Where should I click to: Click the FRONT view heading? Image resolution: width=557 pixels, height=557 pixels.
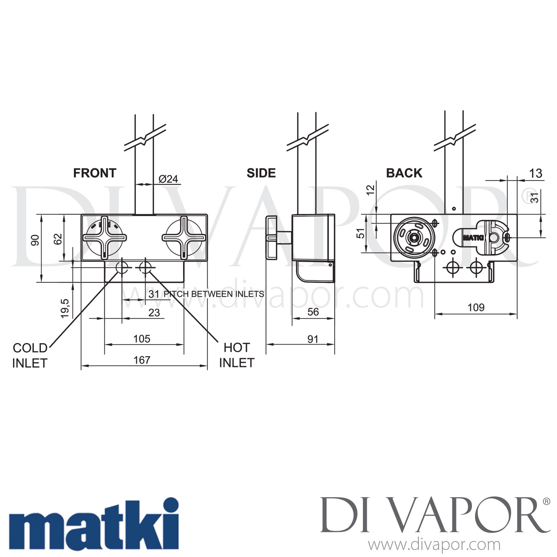coord(95,173)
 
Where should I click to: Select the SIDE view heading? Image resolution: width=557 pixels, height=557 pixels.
coord(261,173)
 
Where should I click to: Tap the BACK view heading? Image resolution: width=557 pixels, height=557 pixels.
coord(404,173)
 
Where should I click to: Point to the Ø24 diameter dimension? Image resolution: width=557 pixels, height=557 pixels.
coord(168,179)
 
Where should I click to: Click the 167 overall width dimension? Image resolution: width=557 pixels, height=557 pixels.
coord(142,360)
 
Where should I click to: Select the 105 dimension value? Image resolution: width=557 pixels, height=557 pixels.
coord(142,339)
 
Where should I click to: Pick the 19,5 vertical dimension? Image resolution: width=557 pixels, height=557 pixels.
coord(65,308)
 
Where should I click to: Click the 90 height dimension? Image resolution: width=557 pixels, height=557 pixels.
coord(35,240)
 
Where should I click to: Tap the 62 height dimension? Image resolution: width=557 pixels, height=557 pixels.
coord(58,239)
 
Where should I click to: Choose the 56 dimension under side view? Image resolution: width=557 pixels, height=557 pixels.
coord(313,312)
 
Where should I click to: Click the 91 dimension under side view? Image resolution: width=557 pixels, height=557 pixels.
coord(313,339)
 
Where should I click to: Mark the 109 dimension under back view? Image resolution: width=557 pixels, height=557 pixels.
coord(476,307)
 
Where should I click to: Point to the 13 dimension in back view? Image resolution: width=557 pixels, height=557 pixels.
coord(535,173)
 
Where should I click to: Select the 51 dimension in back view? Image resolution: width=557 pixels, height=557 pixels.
coord(361,233)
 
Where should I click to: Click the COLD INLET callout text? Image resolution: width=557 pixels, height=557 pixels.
coord(30,355)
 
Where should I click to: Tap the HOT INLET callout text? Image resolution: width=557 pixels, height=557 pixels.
coord(237,355)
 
